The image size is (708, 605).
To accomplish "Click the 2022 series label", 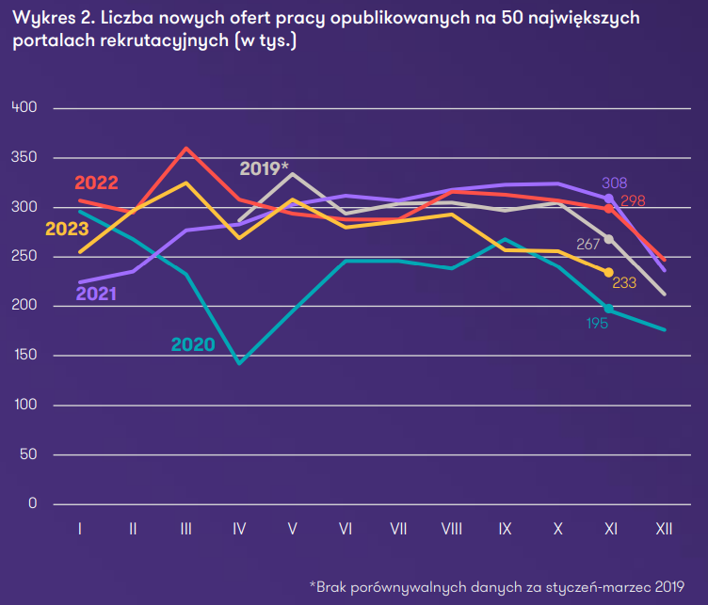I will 95,183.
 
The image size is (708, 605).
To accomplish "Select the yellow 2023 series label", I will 66,229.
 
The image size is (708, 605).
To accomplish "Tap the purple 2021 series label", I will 96,293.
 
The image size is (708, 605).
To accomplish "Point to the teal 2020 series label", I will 193,345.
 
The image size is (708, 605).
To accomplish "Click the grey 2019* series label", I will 264,168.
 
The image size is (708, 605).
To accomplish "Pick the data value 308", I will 614,183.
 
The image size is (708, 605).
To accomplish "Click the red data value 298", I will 633,200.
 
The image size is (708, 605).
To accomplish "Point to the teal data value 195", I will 596,324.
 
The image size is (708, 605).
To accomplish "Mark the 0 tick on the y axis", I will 32,504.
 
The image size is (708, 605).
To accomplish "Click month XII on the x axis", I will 663,530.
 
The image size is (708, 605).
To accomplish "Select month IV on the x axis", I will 239,530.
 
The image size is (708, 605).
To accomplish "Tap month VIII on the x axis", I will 451,530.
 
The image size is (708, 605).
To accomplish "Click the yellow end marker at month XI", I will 609,272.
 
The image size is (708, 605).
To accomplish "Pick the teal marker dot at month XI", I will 609,309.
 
